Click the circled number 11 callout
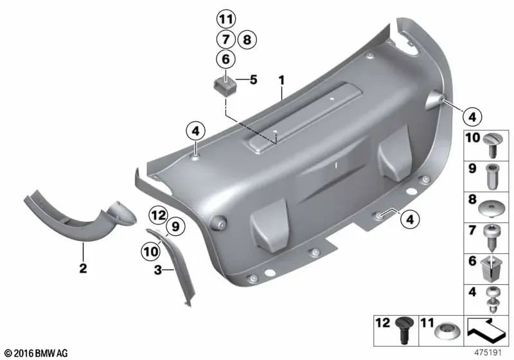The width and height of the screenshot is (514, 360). point(226,19)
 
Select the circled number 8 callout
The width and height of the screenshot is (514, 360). point(247,40)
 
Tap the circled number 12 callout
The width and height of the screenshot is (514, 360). point(158,216)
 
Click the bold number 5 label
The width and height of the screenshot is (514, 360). point(253,80)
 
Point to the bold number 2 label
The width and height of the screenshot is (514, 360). point(84,268)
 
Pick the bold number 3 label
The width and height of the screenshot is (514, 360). point(158,270)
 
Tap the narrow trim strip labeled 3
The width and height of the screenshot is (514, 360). point(173,266)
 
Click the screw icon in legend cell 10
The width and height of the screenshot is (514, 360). point(491,145)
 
